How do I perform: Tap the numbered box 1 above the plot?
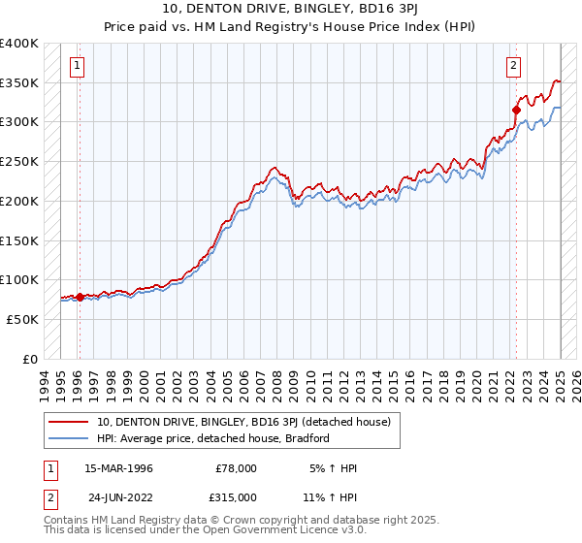click(77, 66)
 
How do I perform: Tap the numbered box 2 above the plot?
click(513, 66)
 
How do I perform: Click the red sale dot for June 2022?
click(516, 110)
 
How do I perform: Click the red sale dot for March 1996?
click(80, 297)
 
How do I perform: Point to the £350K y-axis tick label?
click(19, 83)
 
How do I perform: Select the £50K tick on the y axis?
click(23, 319)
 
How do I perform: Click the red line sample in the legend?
click(68, 422)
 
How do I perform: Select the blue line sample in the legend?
click(68, 438)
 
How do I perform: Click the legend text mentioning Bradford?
click(213, 438)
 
